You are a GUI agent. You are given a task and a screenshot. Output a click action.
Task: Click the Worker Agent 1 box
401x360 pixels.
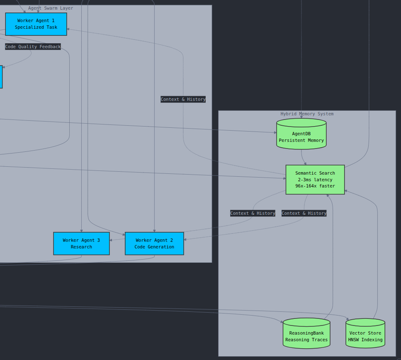(x=36, y=24)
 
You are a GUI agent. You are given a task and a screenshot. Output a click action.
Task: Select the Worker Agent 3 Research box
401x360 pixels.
(x=81, y=243)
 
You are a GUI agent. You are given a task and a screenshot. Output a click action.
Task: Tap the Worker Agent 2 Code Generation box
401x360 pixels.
(x=154, y=243)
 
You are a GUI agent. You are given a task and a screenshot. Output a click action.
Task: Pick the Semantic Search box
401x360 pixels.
(x=315, y=179)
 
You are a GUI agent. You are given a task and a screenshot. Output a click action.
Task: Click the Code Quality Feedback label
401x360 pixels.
(x=33, y=47)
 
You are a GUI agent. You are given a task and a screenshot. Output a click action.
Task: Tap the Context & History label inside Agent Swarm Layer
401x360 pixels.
(x=183, y=99)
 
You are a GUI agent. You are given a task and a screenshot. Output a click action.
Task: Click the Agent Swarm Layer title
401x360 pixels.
(x=51, y=8)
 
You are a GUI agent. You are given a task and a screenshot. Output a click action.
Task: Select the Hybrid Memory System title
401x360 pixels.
(x=307, y=114)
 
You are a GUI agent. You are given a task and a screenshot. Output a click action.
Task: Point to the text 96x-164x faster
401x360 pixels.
(x=315, y=186)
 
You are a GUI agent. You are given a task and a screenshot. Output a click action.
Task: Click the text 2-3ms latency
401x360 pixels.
(x=315, y=180)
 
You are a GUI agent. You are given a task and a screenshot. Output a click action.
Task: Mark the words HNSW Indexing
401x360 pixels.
(x=365, y=340)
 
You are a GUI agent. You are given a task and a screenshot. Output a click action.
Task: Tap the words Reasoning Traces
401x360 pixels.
(x=306, y=340)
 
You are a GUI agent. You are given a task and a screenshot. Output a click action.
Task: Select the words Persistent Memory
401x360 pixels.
(x=301, y=140)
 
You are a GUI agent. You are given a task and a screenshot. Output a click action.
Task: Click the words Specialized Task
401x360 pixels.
(x=36, y=27)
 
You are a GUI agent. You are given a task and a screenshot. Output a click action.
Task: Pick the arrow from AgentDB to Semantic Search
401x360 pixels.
(x=302, y=157)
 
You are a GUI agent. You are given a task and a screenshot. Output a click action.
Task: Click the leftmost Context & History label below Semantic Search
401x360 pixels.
(x=253, y=213)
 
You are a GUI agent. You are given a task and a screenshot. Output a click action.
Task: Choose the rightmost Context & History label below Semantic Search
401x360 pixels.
(x=304, y=213)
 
